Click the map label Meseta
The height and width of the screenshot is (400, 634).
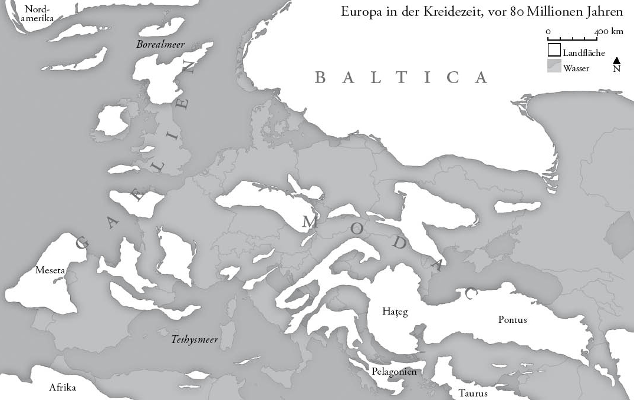point(50,270)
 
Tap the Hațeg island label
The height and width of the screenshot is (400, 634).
point(395,312)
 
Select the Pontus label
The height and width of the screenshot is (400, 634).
point(513,320)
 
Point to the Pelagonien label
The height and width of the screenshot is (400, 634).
point(394,372)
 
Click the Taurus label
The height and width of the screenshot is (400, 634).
point(472,393)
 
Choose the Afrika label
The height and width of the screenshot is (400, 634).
point(63,388)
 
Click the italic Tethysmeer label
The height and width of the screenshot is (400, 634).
point(195,339)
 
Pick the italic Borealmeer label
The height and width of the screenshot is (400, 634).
point(160,44)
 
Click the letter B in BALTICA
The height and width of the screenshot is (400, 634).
point(321,78)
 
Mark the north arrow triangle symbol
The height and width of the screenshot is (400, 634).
point(616,60)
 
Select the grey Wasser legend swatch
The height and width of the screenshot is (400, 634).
point(554,66)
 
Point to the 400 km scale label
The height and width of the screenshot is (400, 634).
point(609,31)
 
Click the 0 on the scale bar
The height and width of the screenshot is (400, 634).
point(548,31)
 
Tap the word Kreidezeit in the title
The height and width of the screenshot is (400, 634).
point(439,12)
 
